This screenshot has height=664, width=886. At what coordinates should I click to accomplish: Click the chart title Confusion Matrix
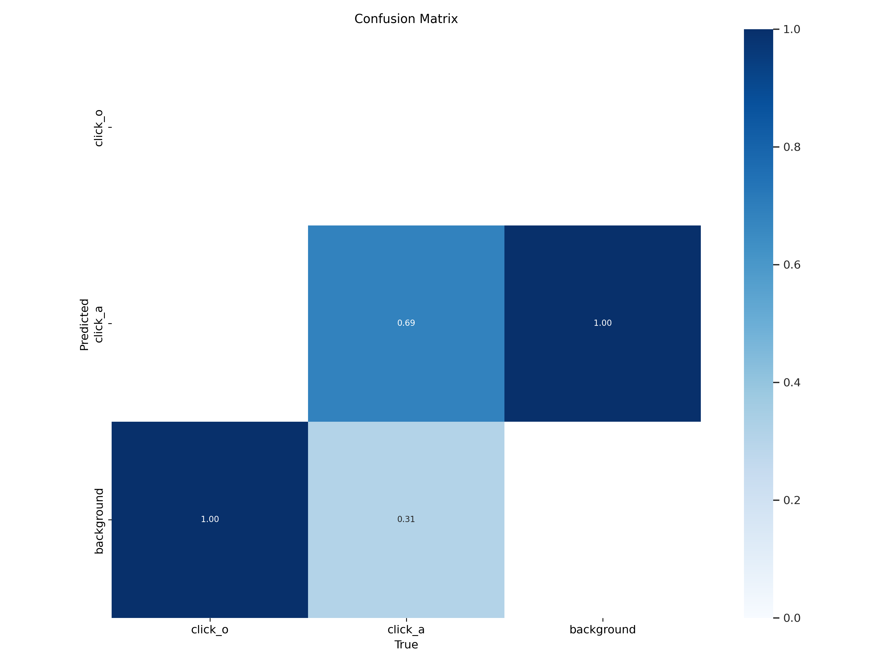tap(406, 19)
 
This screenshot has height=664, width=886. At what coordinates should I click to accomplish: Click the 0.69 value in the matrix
tap(406, 323)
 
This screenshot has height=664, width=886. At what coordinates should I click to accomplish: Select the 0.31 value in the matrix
tap(406, 519)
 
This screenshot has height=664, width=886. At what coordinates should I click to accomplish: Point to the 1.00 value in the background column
tap(602, 323)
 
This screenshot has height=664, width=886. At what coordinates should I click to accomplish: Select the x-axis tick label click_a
tap(406, 629)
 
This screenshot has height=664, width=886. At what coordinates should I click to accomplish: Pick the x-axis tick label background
tap(602, 629)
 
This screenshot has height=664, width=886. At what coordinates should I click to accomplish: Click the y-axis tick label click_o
tap(99, 128)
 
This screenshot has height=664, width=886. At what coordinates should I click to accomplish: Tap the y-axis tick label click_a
tap(99, 324)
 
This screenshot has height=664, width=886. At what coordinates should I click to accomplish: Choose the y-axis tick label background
tap(99, 521)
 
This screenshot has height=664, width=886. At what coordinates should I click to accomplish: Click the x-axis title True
tap(406, 645)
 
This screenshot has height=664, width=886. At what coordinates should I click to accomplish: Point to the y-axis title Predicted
tap(84, 325)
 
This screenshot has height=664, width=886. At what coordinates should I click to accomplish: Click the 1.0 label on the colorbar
tap(791, 29)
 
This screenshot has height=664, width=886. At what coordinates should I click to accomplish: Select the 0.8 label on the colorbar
tap(791, 147)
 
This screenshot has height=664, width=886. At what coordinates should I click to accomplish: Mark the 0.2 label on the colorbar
tap(791, 500)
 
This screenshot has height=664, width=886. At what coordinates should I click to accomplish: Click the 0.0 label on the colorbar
tap(791, 618)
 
